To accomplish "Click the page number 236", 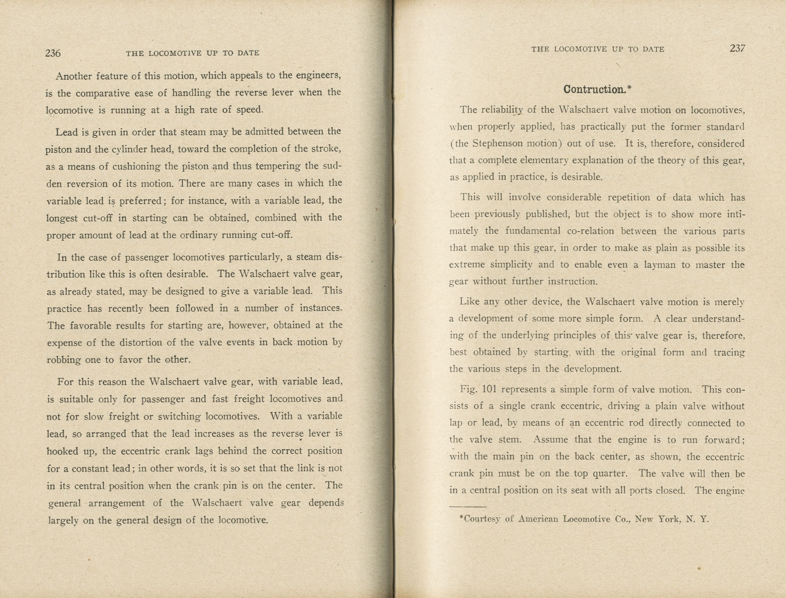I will [53, 53].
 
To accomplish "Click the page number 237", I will [737, 48].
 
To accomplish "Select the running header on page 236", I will [192, 53].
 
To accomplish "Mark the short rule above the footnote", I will [468, 507].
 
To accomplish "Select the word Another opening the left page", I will [74, 76].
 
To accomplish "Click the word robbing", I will [64, 360].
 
